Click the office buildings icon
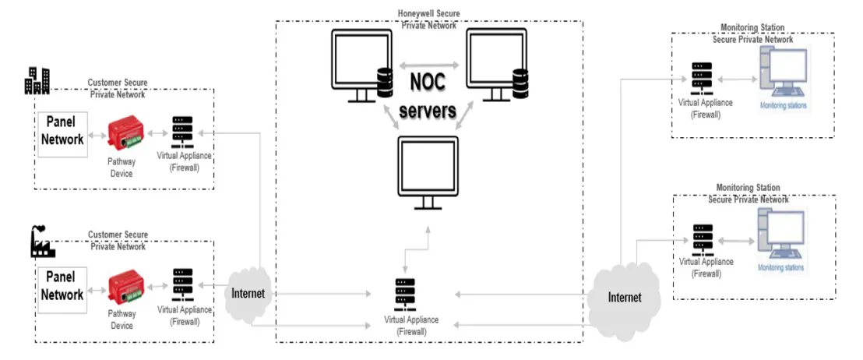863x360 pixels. pos(37,80)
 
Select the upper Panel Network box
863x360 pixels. pos(63,133)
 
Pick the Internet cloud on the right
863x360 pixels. pos(624,297)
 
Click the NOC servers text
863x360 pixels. pos(428,96)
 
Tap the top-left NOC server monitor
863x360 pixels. pos(359,65)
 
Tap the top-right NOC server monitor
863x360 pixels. pos(496,65)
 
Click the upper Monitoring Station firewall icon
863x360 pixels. pos(701,80)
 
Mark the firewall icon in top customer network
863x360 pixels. pos(182,133)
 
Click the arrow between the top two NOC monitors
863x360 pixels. pos(428,65)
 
